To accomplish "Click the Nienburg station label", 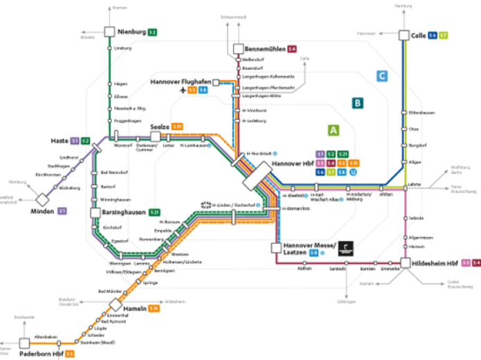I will pos(131,32).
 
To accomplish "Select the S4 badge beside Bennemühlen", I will pos(292,49).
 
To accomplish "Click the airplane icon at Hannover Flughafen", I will pos(183,90).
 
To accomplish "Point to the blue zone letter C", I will pos(381,76).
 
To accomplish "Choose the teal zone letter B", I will pos(357,104).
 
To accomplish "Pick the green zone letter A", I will pos(334,130).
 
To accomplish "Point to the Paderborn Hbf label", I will pos(42,354).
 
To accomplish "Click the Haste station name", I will pos(59,141).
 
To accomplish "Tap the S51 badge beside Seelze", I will pos(177,127).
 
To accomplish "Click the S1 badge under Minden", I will pos(62,210).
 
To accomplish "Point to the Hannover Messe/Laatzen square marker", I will pos(276,247).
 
